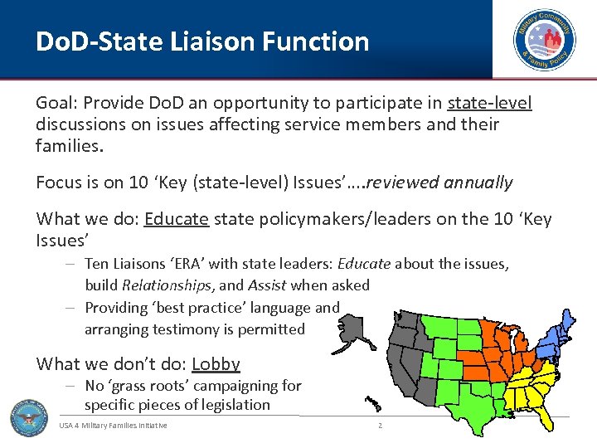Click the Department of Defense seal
(x=29, y=417)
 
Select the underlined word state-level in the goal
(x=489, y=103)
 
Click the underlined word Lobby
(x=216, y=363)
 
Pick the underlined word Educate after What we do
(x=176, y=219)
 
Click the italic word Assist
(x=267, y=285)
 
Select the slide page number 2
(x=380, y=426)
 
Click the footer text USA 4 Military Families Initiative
(x=113, y=426)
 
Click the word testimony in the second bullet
(x=190, y=329)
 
